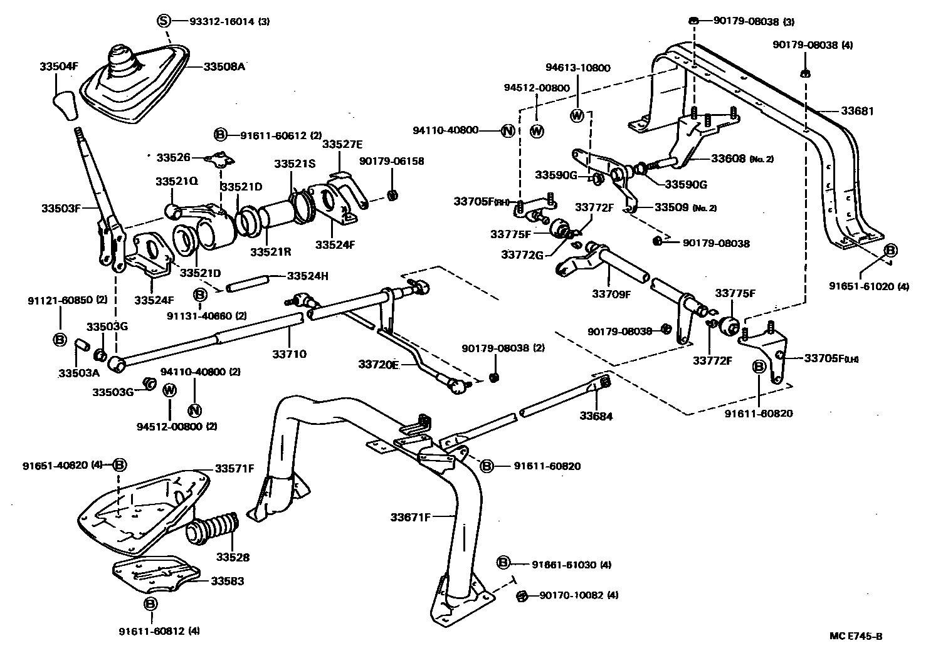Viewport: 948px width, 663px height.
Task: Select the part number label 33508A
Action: (x=224, y=66)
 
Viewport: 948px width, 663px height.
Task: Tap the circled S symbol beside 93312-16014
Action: (x=163, y=21)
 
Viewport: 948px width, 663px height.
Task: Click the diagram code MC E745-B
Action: (x=856, y=636)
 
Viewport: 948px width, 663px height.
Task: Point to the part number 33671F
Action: (x=411, y=517)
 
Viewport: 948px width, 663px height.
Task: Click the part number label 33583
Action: (x=228, y=581)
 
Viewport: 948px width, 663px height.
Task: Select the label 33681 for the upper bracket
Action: (x=857, y=111)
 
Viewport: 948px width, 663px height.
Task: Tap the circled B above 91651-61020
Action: (x=890, y=251)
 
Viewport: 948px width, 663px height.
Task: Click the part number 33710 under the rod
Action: (x=289, y=354)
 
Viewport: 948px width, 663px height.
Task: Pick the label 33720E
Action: (x=379, y=364)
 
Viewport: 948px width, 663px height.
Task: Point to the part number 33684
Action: (x=596, y=415)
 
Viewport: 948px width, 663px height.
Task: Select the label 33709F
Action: (x=611, y=293)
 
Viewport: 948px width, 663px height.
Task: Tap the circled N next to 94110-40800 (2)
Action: (x=194, y=411)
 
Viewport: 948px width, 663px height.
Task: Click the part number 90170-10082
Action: (x=571, y=595)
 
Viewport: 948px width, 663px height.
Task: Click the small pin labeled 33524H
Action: (x=248, y=288)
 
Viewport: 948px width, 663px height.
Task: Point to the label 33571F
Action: (x=235, y=468)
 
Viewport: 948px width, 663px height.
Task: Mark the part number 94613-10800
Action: (x=577, y=68)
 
